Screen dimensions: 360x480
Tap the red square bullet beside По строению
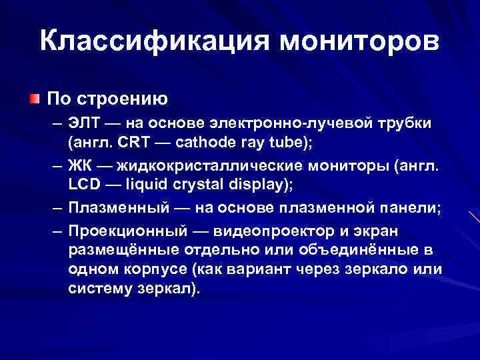(x=33, y=98)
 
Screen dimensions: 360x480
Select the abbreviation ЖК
(x=81, y=165)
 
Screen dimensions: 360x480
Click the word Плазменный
(x=117, y=208)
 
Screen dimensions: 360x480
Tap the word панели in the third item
(x=409, y=208)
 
